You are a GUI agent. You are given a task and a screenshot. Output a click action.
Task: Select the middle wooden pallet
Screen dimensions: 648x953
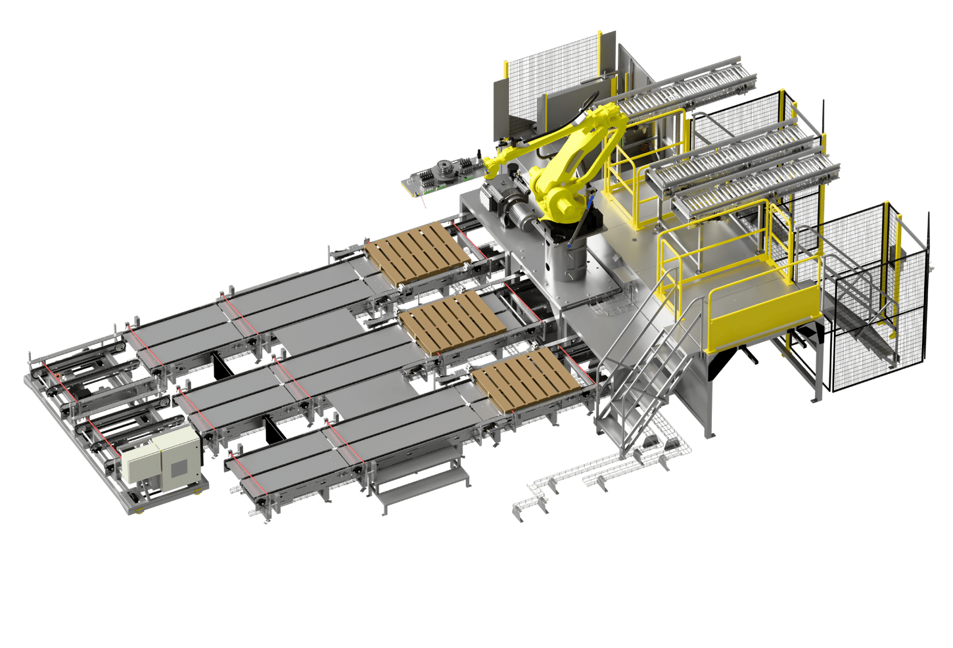pos(452,322)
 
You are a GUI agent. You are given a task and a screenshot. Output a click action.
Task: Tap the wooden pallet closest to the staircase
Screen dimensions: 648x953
pos(526,379)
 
